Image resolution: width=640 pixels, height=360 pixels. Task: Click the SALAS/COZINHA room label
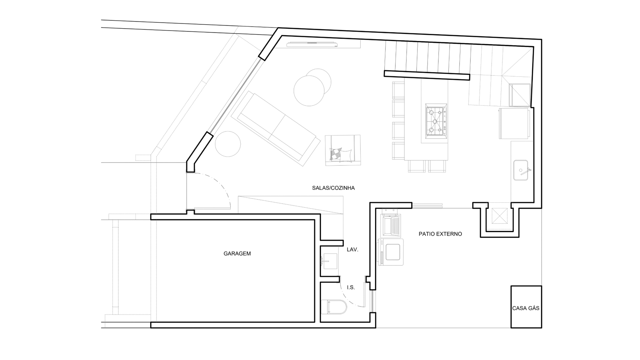[x=333, y=188]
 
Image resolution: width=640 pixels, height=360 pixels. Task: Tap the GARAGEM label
[x=237, y=254]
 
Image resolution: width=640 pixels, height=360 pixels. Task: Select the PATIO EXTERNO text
[x=440, y=234]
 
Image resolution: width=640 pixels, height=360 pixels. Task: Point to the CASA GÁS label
[x=526, y=308]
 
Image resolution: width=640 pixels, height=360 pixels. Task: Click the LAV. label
[x=352, y=249]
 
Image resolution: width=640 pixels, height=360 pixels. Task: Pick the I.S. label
[x=351, y=287]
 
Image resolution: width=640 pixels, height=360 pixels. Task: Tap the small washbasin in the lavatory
[x=329, y=261]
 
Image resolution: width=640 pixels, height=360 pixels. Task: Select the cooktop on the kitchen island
[x=436, y=120]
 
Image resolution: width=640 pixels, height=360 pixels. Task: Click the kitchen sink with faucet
[x=521, y=170]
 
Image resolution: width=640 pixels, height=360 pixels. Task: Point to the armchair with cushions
[x=343, y=150]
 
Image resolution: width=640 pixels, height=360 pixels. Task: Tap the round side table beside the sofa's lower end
[x=228, y=144]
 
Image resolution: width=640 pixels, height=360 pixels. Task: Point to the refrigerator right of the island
[x=514, y=123]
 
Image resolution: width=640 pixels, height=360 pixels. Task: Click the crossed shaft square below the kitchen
[x=499, y=216]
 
